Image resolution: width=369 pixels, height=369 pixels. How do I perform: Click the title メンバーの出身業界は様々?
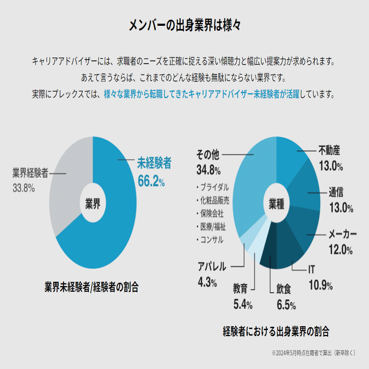(x=184, y=26)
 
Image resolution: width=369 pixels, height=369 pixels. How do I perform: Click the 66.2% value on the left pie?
(x=151, y=181)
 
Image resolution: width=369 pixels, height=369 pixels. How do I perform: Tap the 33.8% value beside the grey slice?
(x=24, y=188)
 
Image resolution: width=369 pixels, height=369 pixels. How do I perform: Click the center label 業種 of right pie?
(x=276, y=204)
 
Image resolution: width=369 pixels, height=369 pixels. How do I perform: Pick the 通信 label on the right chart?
(x=336, y=191)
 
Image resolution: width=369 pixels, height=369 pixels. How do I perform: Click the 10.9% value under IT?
(x=321, y=285)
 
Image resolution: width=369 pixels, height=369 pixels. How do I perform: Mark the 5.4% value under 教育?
(x=242, y=305)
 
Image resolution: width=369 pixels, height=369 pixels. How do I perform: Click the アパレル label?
(x=212, y=267)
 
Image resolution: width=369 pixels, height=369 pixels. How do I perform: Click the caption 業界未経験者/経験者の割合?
(x=92, y=287)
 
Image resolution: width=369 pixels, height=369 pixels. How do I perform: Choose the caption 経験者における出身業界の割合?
(x=276, y=331)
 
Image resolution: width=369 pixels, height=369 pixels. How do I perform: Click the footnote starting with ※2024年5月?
(x=313, y=353)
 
